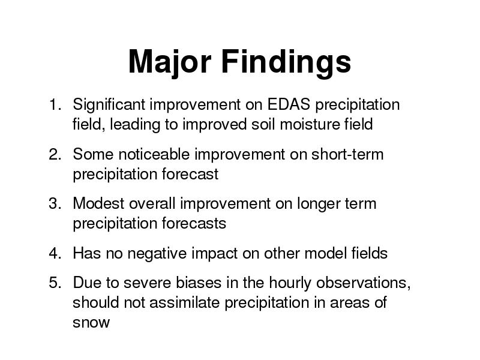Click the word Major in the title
pyautogui.click(x=170, y=62)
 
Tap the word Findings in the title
pyautogui.click(x=286, y=62)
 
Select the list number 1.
pyautogui.click(x=55, y=104)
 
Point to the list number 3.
pyautogui.click(x=55, y=203)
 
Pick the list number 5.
pyautogui.click(x=55, y=282)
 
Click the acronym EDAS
pyautogui.click(x=289, y=104)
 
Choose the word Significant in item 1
pyautogui.click(x=109, y=106)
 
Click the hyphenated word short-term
pyautogui.click(x=347, y=154)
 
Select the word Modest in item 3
pyautogui.click(x=98, y=203)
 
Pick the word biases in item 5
pyautogui.click(x=199, y=282)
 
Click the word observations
pyautogui.click(x=363, y=283)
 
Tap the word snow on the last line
pyautogui.click(x=91, y=323)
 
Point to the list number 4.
pyautogui.click(x=55, y=253)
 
